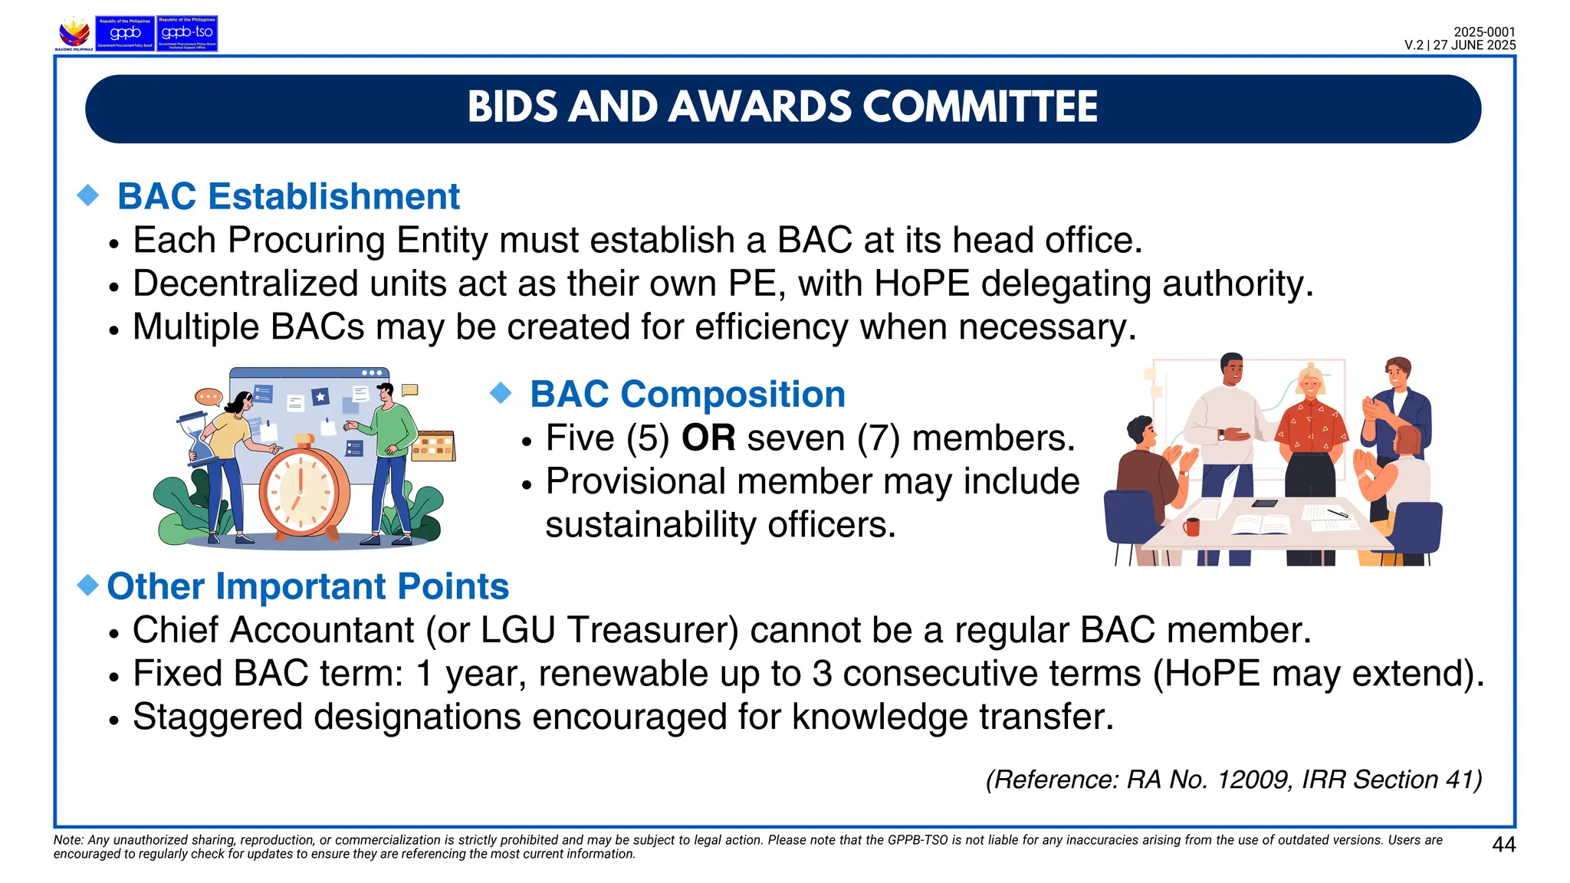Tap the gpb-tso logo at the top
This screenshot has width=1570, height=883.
187,33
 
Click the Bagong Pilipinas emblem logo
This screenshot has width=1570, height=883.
74,34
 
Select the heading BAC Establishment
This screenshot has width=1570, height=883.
288,196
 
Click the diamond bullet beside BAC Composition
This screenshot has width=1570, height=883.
501,394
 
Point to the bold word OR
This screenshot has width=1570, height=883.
708,438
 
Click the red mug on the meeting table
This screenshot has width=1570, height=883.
1191,527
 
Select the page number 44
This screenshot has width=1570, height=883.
1503,845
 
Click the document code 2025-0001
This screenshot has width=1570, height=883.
1484,32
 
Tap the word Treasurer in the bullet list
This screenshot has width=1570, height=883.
653,630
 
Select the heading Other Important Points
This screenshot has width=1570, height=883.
307,586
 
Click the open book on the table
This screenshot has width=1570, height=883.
1260,525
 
